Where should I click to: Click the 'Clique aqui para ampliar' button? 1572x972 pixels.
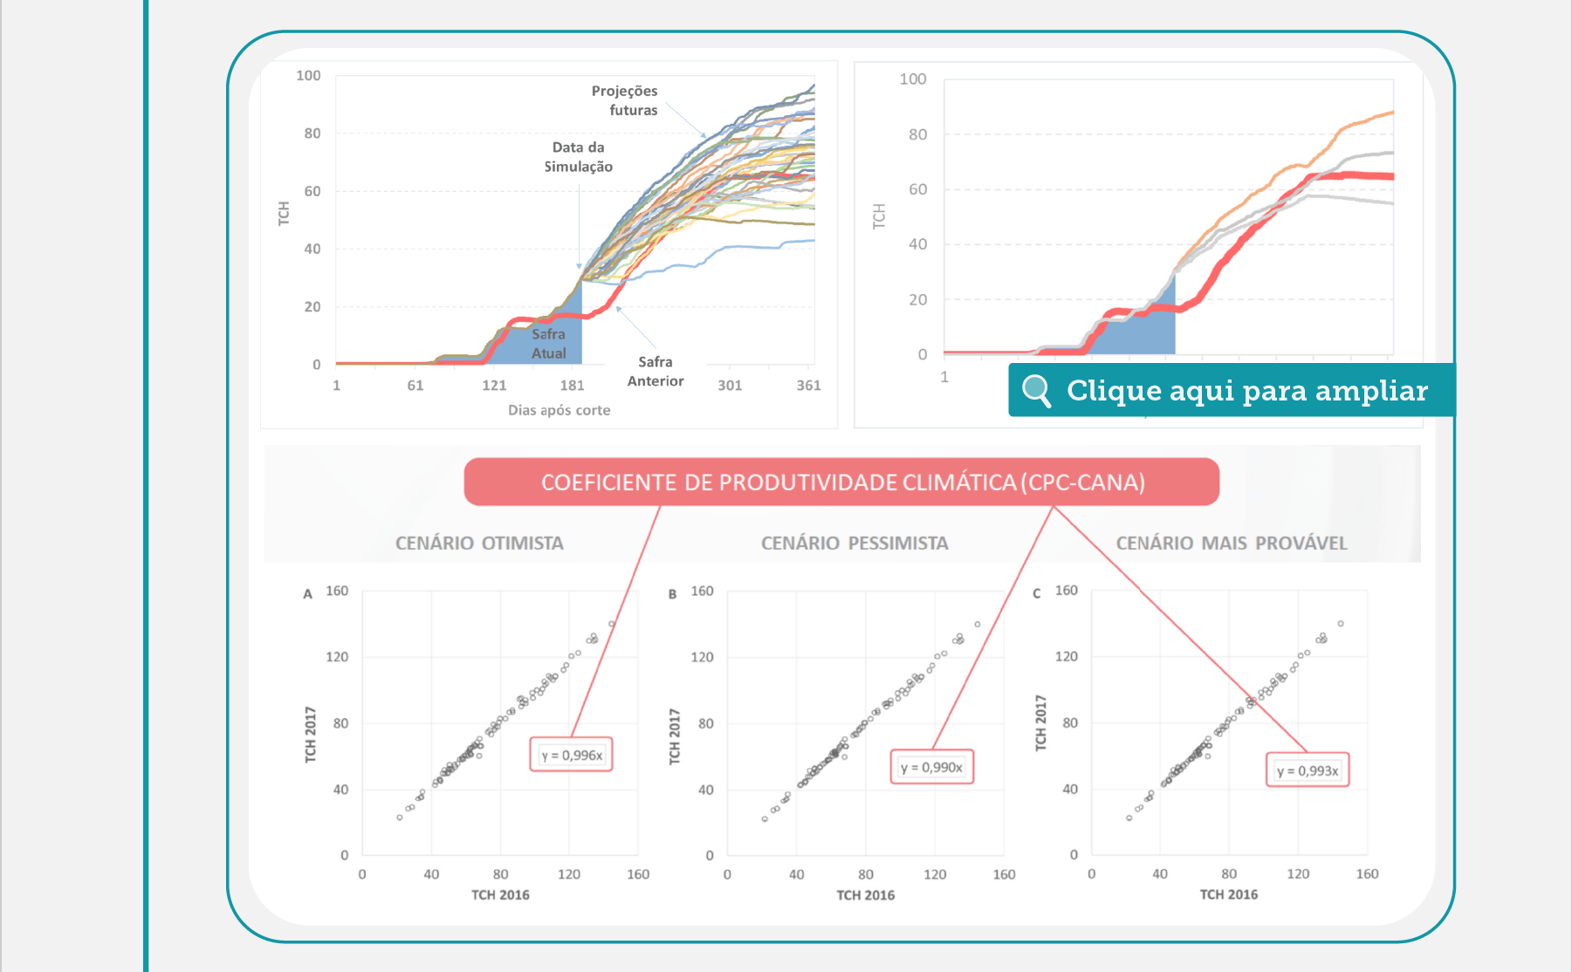(x=1231, y=390)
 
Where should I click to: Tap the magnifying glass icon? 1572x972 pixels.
(x=1036, y=390)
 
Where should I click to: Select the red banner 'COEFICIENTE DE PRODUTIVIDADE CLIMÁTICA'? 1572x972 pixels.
(x=841, y=482)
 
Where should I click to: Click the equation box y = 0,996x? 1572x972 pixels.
(x=572, y=755)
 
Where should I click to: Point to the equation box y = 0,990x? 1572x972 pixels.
(x=932, y=767)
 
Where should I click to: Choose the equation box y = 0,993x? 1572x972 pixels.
(x=1308, y=770)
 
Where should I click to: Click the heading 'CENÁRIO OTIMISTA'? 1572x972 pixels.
(x=479, y=543)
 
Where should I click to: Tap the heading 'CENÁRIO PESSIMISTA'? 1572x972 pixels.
(x=855, y=543)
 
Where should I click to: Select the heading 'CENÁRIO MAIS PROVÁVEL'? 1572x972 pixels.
(x=1232, y=543)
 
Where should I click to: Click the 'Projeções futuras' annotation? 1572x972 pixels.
(x=625, y=100)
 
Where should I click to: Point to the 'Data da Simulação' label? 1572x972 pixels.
(x=579, y=157)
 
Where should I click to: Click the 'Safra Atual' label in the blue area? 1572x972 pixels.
(x=548, y=344)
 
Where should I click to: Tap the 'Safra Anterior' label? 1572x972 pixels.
(x=656, y=371)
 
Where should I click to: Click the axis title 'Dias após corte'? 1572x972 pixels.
(x=559, y=410)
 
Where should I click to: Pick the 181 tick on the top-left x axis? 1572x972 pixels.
(x=573, y=386)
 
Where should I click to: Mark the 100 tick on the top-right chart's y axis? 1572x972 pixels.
(x=913, y=79)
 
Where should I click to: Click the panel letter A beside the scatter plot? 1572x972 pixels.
(x=307, y=594)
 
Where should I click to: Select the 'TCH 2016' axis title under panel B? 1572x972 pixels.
(x=866, y=895)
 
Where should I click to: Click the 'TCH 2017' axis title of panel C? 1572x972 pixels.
(x=1040, y=722)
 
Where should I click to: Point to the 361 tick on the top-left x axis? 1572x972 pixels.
(x=809, y=386)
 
